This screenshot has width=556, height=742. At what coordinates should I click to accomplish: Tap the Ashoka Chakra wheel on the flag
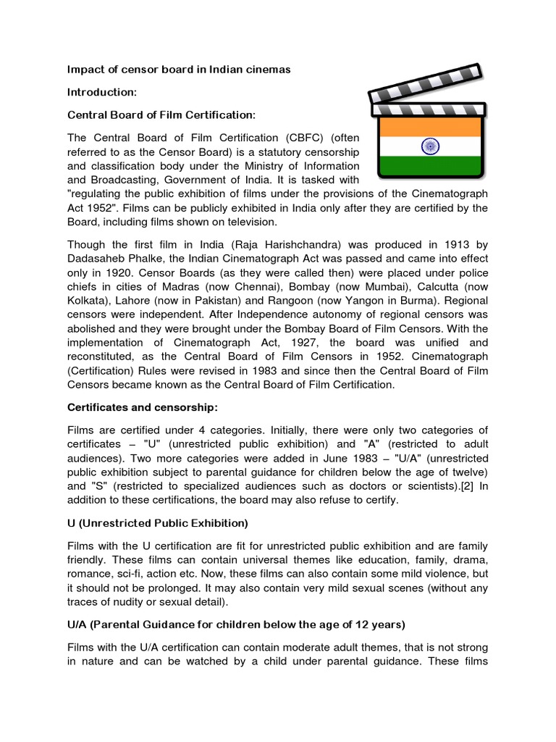click(x=430, y=147)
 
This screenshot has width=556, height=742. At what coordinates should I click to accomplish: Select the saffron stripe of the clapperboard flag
click(x=426, y=126)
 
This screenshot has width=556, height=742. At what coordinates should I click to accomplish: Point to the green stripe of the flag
click(x=426, y=167)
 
